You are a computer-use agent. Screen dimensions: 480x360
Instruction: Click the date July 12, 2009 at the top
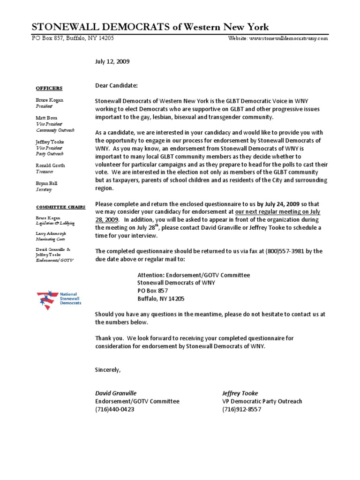[112, 61]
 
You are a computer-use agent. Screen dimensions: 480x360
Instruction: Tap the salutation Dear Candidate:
[116, 86]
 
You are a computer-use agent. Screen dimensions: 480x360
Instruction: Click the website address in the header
[278, 38]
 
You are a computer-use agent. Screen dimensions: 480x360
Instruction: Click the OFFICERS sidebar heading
[49, 88]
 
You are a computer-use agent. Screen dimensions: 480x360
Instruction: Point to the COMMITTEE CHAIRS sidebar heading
[55, 207]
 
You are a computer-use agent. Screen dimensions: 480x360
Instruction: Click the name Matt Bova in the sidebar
[47, 118]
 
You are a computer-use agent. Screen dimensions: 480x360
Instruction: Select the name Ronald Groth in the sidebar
[50, 165]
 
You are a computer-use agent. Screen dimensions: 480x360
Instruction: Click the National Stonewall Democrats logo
[59, 300]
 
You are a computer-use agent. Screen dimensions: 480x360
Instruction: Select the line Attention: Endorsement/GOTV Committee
[193, 275]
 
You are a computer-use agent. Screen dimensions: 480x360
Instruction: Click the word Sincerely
[107, 370]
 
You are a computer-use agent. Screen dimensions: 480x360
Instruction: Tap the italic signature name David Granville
[116, 393]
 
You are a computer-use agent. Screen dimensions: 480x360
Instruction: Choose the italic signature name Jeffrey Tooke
[240, 393]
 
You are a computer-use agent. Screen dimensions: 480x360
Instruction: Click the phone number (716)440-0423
[114, 409]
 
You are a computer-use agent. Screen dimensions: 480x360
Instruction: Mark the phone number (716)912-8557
[241, 409]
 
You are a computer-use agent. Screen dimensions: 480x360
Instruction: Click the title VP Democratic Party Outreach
[262, 401]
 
